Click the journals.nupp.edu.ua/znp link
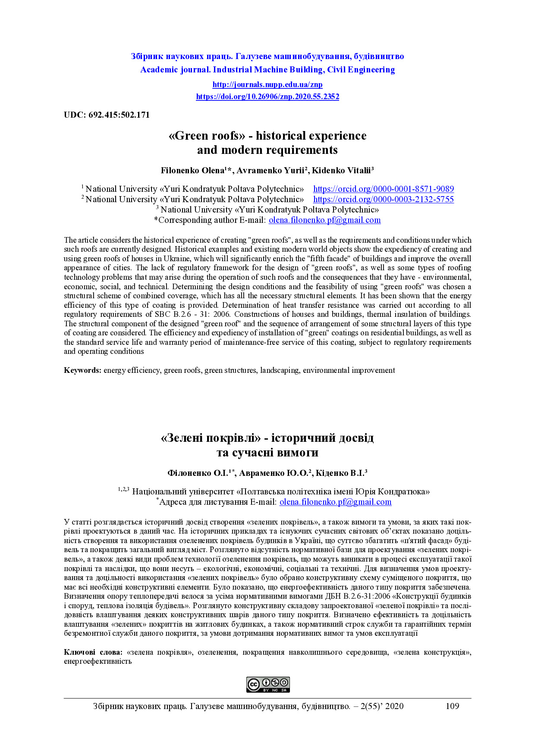pos(267,84)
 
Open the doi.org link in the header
pos(267,97)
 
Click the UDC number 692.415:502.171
pos(119,115)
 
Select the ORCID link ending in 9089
pos(383,189)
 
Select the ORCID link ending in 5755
pos(383,199)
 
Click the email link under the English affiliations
pos(324,220)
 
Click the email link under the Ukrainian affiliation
pos(335,502)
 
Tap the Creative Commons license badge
pos(268,684)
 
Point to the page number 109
pos(452,706)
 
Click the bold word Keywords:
pos(83,370)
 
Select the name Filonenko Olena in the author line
pos(192,170)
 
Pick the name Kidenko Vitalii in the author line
pos(341,170)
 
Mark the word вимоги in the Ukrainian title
pos(298,453)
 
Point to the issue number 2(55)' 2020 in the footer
pos(382,706)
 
